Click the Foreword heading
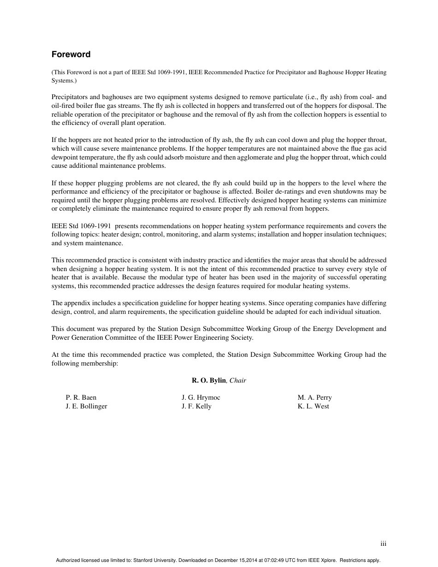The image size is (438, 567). pyautogui.click(x=71, y=54)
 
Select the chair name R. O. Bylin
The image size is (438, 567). pyautogui.click(x=208, y=380)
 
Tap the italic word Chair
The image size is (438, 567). pyautogui.click(x=238, y=380)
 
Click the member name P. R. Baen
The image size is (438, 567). pyautogui.click(x=81, y=397)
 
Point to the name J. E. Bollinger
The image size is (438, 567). pyautogui.click(x=86, y=406)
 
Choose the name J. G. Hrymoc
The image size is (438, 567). pyautogui.click(x=201, y=397)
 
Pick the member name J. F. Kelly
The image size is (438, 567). pyautogui.click(x=196, y=406)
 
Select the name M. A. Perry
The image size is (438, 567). pyautogui.click(x=315, y=397)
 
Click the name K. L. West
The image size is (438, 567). pyautogui.click(x=314, y=406)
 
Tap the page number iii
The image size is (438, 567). pyautogui.click(x=383, y=544)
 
